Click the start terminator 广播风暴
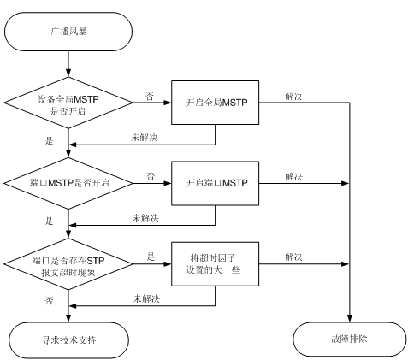pos(68,32)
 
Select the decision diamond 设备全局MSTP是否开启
pos(68,103)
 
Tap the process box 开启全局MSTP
pos(215,103)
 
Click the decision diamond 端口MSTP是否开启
pos(68,183)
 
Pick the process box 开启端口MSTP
pos(215,183)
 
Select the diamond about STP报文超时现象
pos(68,264)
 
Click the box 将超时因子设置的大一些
pos(215,264)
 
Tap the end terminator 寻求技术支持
pos(69,340)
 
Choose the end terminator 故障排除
pos(350,339)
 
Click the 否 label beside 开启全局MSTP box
pos(150,97)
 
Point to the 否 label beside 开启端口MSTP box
pos(151,176)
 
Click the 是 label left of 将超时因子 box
pos(151,257)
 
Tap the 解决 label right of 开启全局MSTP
pos(293,96)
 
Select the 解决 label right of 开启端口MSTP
pos(293,176)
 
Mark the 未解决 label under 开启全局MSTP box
pos(145,138)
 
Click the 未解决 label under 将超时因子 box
pos(146,298)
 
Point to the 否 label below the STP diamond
pos(49,301)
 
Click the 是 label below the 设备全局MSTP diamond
pos(49,140)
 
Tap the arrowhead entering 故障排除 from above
pos(350,319)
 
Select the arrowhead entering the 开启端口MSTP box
pos(168,183)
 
